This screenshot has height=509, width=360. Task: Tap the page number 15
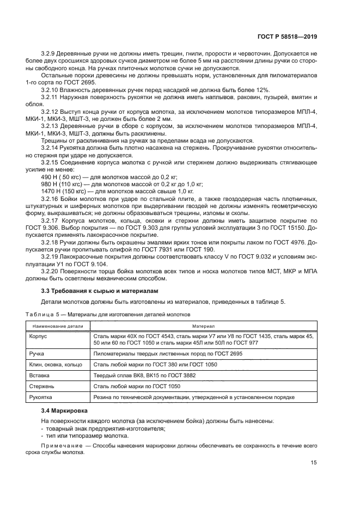pos(314,463)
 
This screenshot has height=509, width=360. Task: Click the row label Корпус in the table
pos(39,337)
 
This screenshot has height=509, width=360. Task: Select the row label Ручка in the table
pos(38,353)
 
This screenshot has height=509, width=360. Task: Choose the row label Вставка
pos(39,375)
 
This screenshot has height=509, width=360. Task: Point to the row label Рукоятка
pos(41,397)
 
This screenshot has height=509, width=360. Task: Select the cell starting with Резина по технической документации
pos(194,397)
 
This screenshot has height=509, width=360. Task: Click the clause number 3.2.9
pos(49,53)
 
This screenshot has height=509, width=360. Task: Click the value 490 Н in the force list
pos(49,177)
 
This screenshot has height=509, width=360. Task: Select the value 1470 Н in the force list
pos(51,191)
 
